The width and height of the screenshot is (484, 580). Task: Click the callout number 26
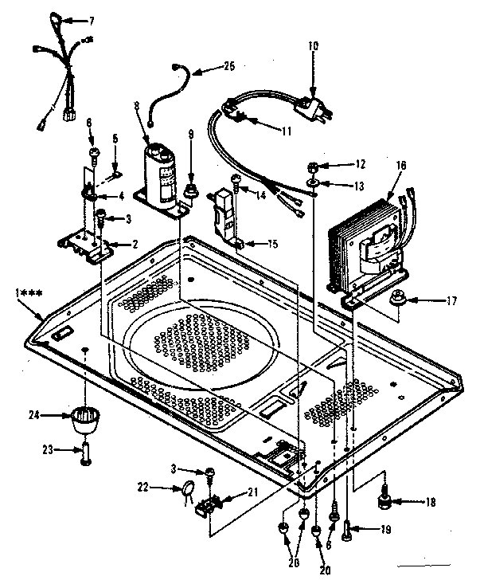tap(231, 69)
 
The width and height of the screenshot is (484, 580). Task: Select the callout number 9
tap(189, 135)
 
